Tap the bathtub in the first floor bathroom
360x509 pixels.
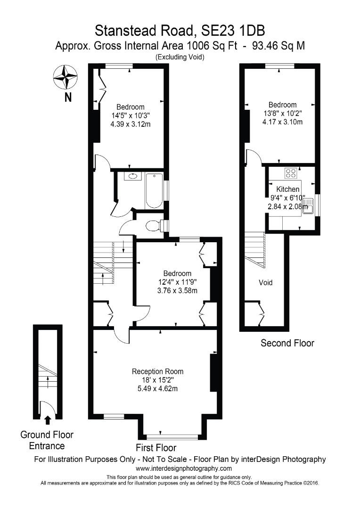[154, 191]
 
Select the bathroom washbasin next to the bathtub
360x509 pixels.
[132, 176]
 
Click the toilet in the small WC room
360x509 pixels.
[153, 226]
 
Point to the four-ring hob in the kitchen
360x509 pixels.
[291, 173]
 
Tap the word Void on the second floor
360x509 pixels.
[266, 283]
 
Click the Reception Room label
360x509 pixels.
[157, 371]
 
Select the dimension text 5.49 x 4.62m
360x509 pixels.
[157, 389]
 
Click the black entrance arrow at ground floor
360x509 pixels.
[47, 420]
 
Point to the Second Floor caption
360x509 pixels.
[287, 343]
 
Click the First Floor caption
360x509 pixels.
[156, 448]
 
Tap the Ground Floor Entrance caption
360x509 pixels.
[47, 440]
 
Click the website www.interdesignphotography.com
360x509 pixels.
[184, 468]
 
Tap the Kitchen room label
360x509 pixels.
[287, 189]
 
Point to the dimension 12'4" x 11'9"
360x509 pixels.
[177, 282]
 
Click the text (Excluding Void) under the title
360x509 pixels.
[180, 57]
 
